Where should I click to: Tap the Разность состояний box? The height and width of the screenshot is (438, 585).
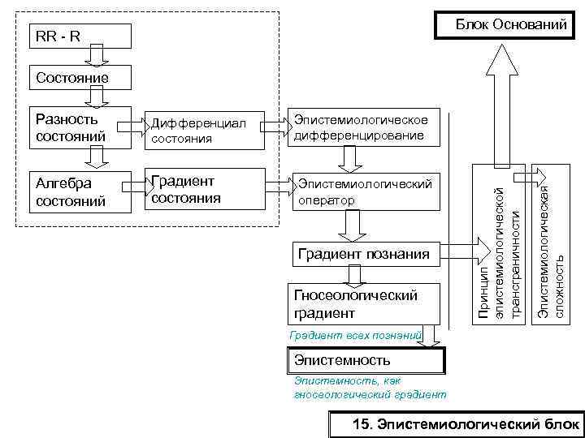(79, 128)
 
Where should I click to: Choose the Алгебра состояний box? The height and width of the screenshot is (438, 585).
(79, 192)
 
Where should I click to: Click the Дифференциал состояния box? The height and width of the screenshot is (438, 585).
(205, 131)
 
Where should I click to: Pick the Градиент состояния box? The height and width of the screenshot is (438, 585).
(205, 190)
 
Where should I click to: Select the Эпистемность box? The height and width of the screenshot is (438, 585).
(366, 359)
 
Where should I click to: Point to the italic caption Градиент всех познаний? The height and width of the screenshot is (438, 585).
(355, 334)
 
